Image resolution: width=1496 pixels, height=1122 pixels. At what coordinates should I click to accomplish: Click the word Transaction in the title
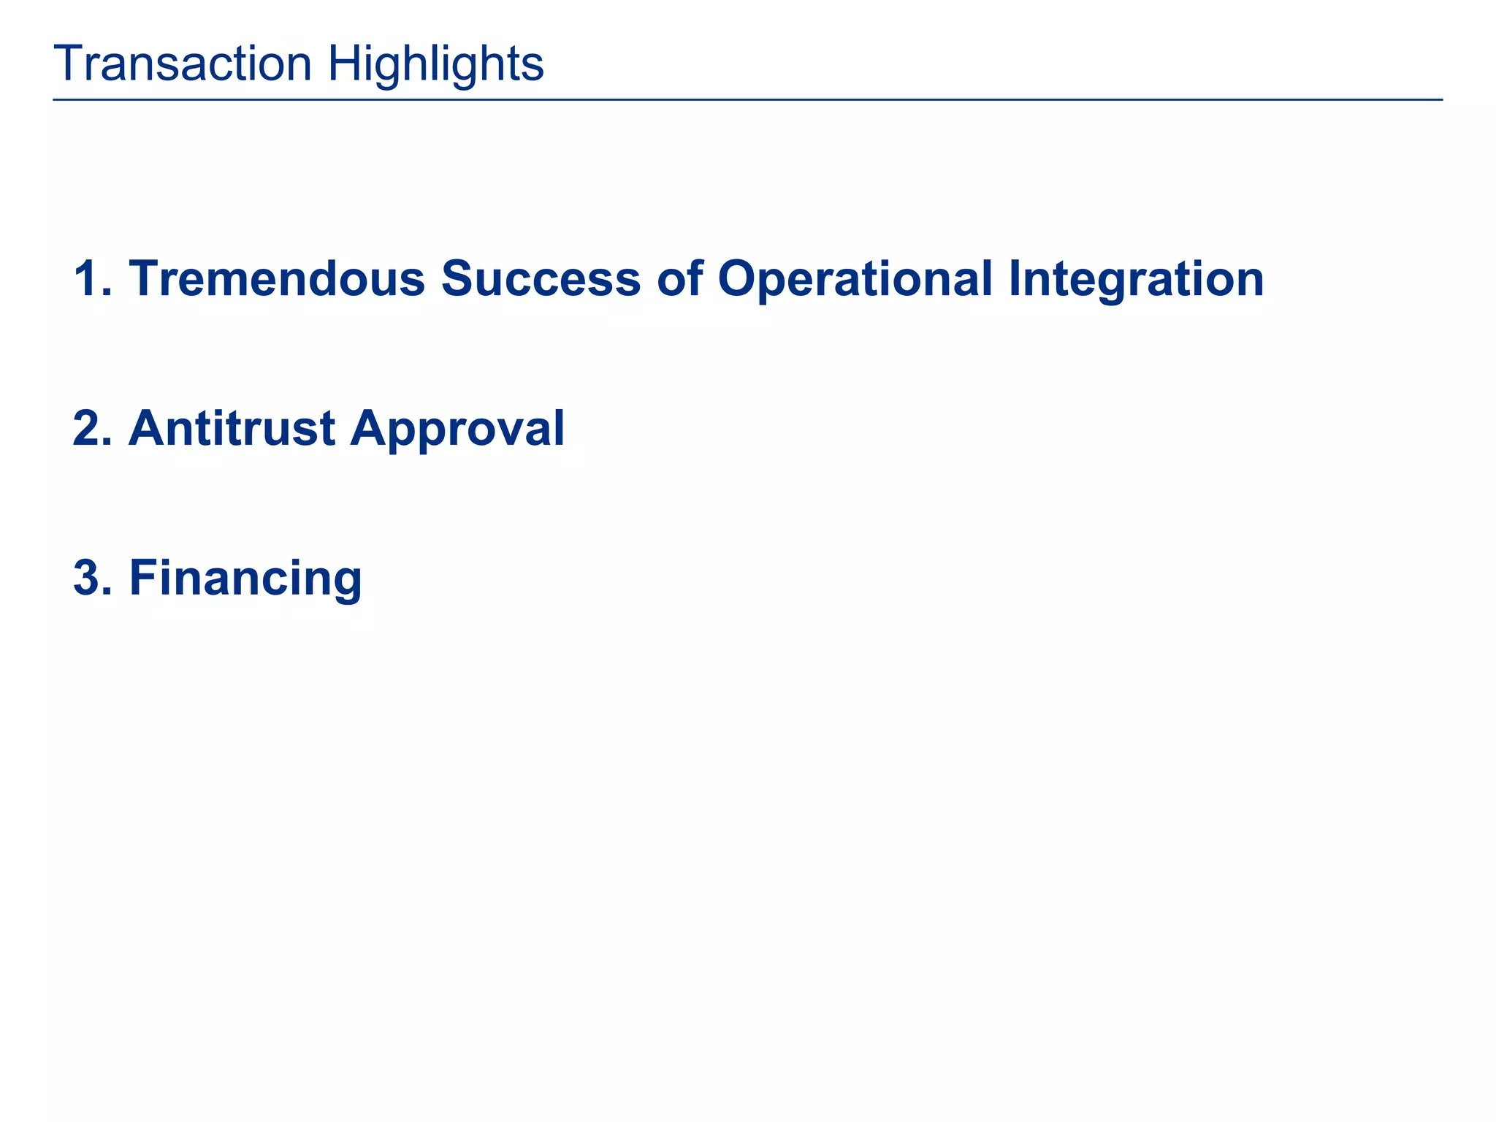183,64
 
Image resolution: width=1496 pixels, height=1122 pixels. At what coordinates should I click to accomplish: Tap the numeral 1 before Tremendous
86,278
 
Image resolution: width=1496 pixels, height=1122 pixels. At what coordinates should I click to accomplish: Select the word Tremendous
277,278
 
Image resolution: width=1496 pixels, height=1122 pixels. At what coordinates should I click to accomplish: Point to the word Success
541,278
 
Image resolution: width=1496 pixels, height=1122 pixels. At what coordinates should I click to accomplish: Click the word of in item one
679,278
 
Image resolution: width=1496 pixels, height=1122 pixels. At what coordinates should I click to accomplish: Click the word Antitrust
232,428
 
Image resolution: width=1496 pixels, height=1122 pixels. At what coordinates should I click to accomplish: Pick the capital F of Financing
144,578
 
